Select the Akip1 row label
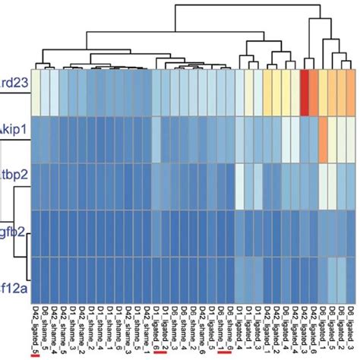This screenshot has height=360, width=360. click(x=14, y=130)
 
